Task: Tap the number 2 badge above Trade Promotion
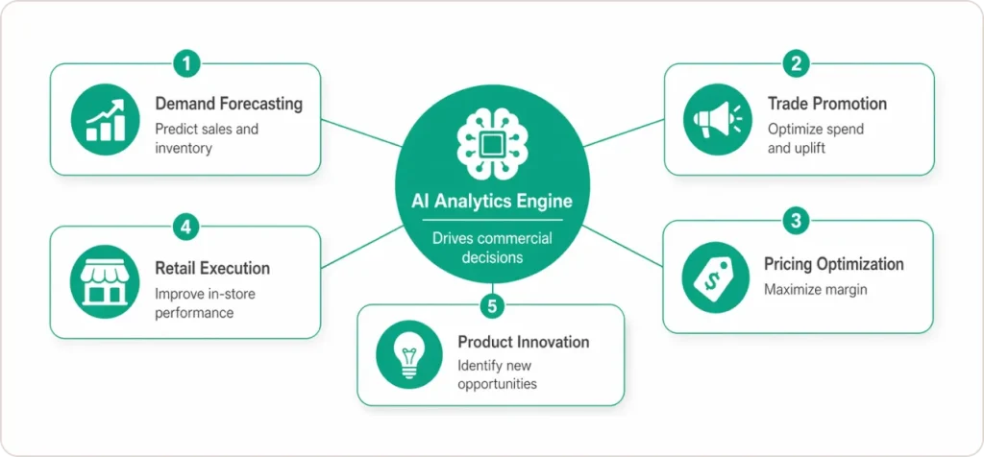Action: [795, 65]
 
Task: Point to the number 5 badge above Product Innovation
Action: [492, 306]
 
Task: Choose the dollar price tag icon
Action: [709, 277]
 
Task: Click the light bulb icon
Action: [404, 354]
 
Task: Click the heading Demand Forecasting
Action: [229, 104]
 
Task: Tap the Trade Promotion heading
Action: [826, 104]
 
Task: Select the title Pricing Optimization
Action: [833, 264]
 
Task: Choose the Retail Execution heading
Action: [212, 269]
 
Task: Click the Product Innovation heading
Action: [523, 342]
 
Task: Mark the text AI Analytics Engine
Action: [492, 200]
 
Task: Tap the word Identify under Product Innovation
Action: [481, 365]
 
